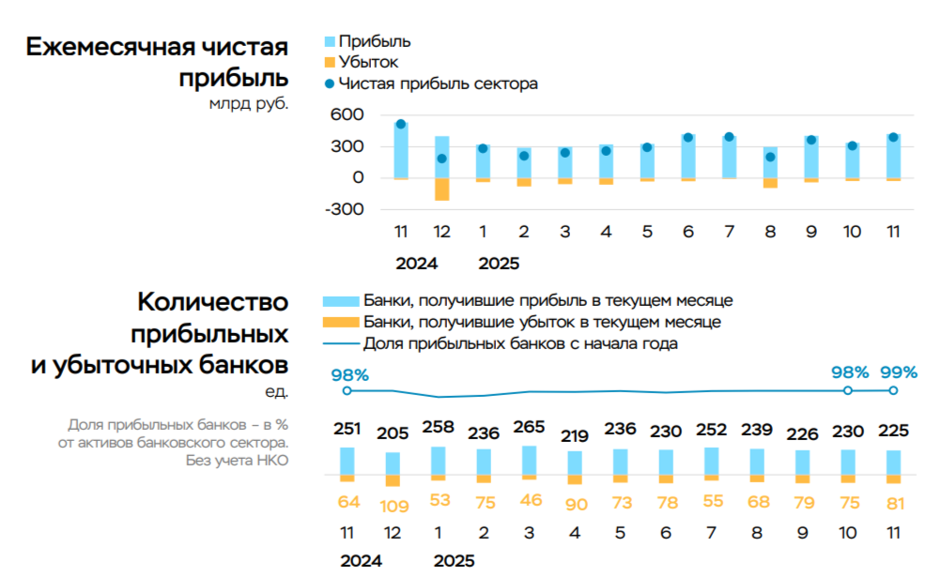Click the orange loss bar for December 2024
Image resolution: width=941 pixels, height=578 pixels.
pos(441,189)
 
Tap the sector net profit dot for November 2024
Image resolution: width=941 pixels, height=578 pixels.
pos(401,124)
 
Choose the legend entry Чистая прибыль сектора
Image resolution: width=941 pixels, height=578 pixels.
pos(438,84)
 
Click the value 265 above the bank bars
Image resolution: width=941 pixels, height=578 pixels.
pos(530,427)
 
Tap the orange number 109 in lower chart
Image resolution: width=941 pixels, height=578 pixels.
pos(393,506)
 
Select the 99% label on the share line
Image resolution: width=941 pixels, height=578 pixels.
pos(897,372)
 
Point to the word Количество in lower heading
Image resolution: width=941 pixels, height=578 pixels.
pos(212,303)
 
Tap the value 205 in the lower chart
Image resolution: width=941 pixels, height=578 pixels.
pos(393,433)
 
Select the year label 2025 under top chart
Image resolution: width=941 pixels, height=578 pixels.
pos(499,264)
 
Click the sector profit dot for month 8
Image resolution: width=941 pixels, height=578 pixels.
pos(770,157)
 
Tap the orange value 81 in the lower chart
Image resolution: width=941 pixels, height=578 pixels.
pos(894,504)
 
